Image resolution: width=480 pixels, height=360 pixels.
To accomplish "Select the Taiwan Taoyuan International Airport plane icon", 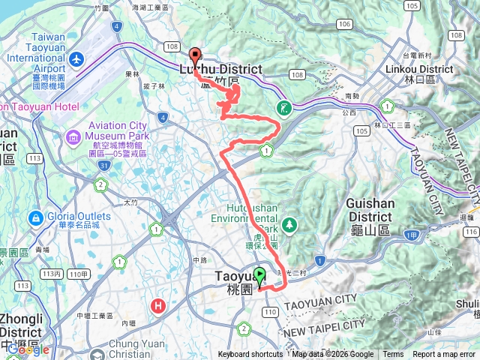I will [x=76, y=58].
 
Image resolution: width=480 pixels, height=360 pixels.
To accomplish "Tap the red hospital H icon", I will [x=158, y=305].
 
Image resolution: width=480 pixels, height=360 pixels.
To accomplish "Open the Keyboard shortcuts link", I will [x=250, y=355].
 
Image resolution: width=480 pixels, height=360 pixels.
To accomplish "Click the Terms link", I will [x=393, y=355].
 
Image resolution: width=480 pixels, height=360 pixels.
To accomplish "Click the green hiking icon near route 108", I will [x=283, y=107].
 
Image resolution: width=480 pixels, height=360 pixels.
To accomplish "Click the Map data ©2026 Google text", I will [x=333, y=355].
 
